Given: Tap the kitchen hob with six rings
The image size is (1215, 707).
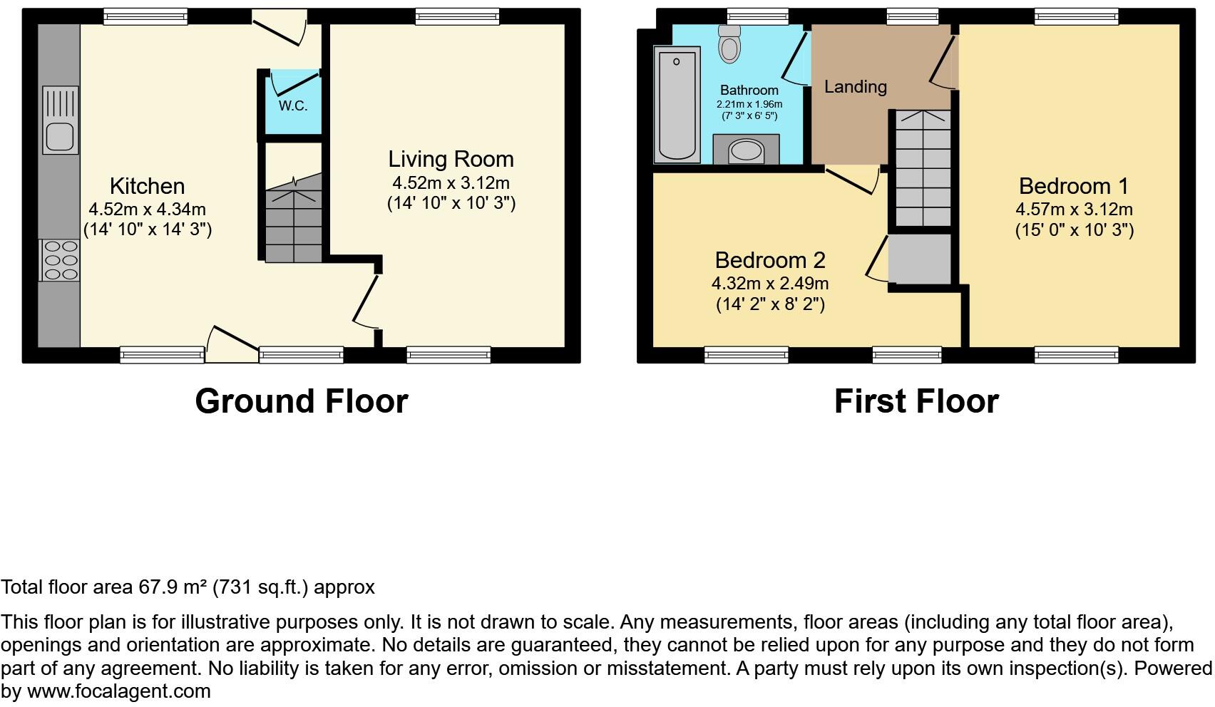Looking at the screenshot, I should [61, 260].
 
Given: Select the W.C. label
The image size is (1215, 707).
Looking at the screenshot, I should [293, 106].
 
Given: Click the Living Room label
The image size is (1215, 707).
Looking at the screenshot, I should [451, 159].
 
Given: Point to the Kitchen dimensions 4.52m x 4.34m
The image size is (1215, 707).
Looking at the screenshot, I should [147, 210].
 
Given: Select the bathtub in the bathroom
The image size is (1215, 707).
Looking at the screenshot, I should [677, 105].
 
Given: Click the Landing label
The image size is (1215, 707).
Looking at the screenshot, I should [855, 87].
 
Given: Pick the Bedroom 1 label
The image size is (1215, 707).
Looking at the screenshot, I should [1073, 186].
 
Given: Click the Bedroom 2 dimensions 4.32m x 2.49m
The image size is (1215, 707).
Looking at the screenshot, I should [770, 284].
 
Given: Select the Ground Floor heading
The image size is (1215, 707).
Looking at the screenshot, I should [301, 401].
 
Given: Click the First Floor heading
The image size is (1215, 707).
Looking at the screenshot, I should [916, 401].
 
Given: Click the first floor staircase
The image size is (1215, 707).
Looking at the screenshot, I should [923, 168].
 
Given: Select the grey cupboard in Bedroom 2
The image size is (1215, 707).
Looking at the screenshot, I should [921, 258].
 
